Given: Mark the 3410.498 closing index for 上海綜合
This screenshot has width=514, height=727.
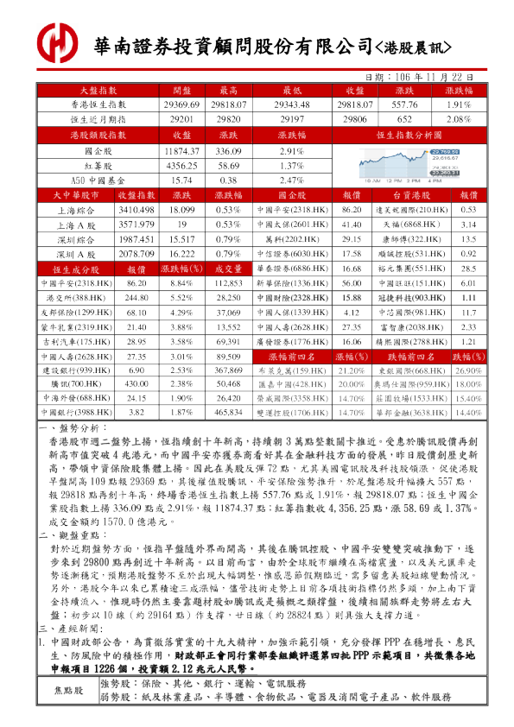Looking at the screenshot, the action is click(x=136, y=210).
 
